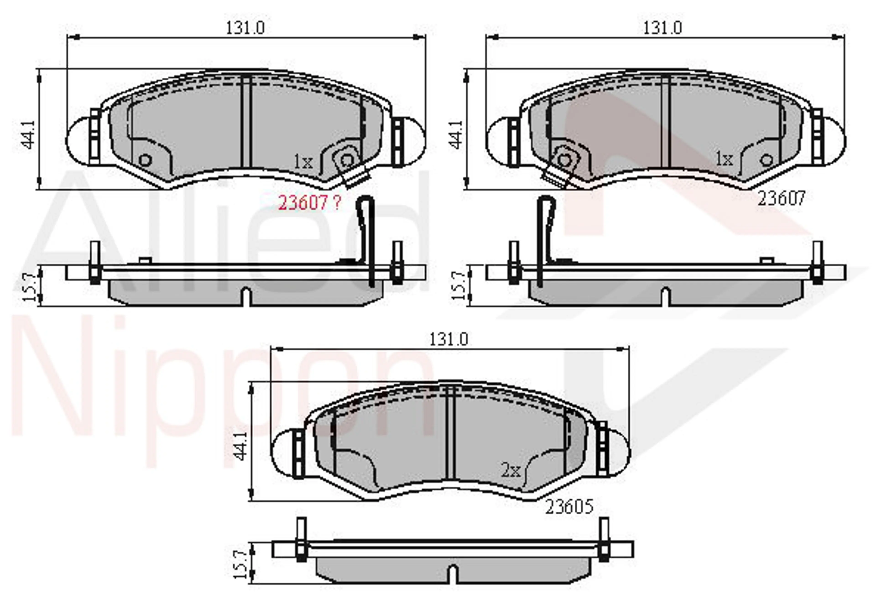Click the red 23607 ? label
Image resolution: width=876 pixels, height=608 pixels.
[x=309, y=203]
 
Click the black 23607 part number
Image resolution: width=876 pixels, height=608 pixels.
[x=781, y=198]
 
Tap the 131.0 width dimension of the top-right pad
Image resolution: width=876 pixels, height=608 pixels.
[x=662, y=28]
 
